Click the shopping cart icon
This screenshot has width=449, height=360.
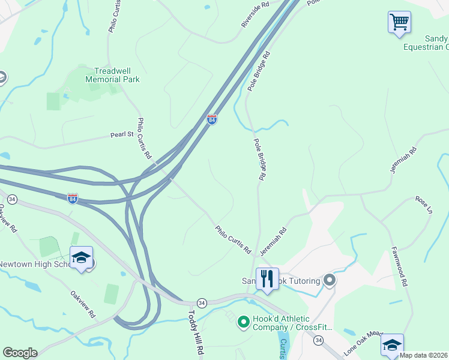(399, 23)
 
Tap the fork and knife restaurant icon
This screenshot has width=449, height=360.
(267, 279)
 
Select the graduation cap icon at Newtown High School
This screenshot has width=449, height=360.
(81, 258)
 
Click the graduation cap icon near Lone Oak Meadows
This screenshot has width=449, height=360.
(392, 345)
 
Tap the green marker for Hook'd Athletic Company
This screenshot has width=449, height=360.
(243, 323)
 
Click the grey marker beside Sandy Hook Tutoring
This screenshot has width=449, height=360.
(329, 280)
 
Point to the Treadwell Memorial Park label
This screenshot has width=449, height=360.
(112, 75)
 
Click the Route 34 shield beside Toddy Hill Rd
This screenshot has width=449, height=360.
(202, 302)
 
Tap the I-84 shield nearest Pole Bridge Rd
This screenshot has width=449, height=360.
(211, 119)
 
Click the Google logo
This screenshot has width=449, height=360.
(20, 353)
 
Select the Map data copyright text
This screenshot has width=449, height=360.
(423, 355)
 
